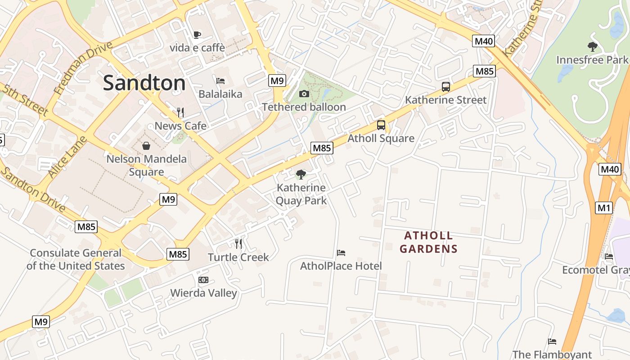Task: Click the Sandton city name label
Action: point(144,83)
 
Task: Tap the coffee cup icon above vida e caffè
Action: point(197,35)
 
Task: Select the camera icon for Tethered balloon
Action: point(304,94)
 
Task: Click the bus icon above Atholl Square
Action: point(381,125)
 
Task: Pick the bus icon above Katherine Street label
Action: point(446,86)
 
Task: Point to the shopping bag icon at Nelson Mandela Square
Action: point(146,146)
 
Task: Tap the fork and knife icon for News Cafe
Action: point(180,112)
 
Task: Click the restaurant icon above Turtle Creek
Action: point(238,244)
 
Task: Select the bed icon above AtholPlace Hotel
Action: point(341,253)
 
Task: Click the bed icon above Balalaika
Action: point(220,81)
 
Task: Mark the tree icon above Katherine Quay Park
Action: point(301,175)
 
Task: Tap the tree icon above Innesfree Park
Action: point(593,46)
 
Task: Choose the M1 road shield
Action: point(604,207)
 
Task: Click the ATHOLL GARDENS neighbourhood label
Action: point(428,242)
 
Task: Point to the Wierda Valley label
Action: point(203,293)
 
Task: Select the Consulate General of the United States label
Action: point(76,259)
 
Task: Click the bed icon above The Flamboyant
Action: point(552,342)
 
